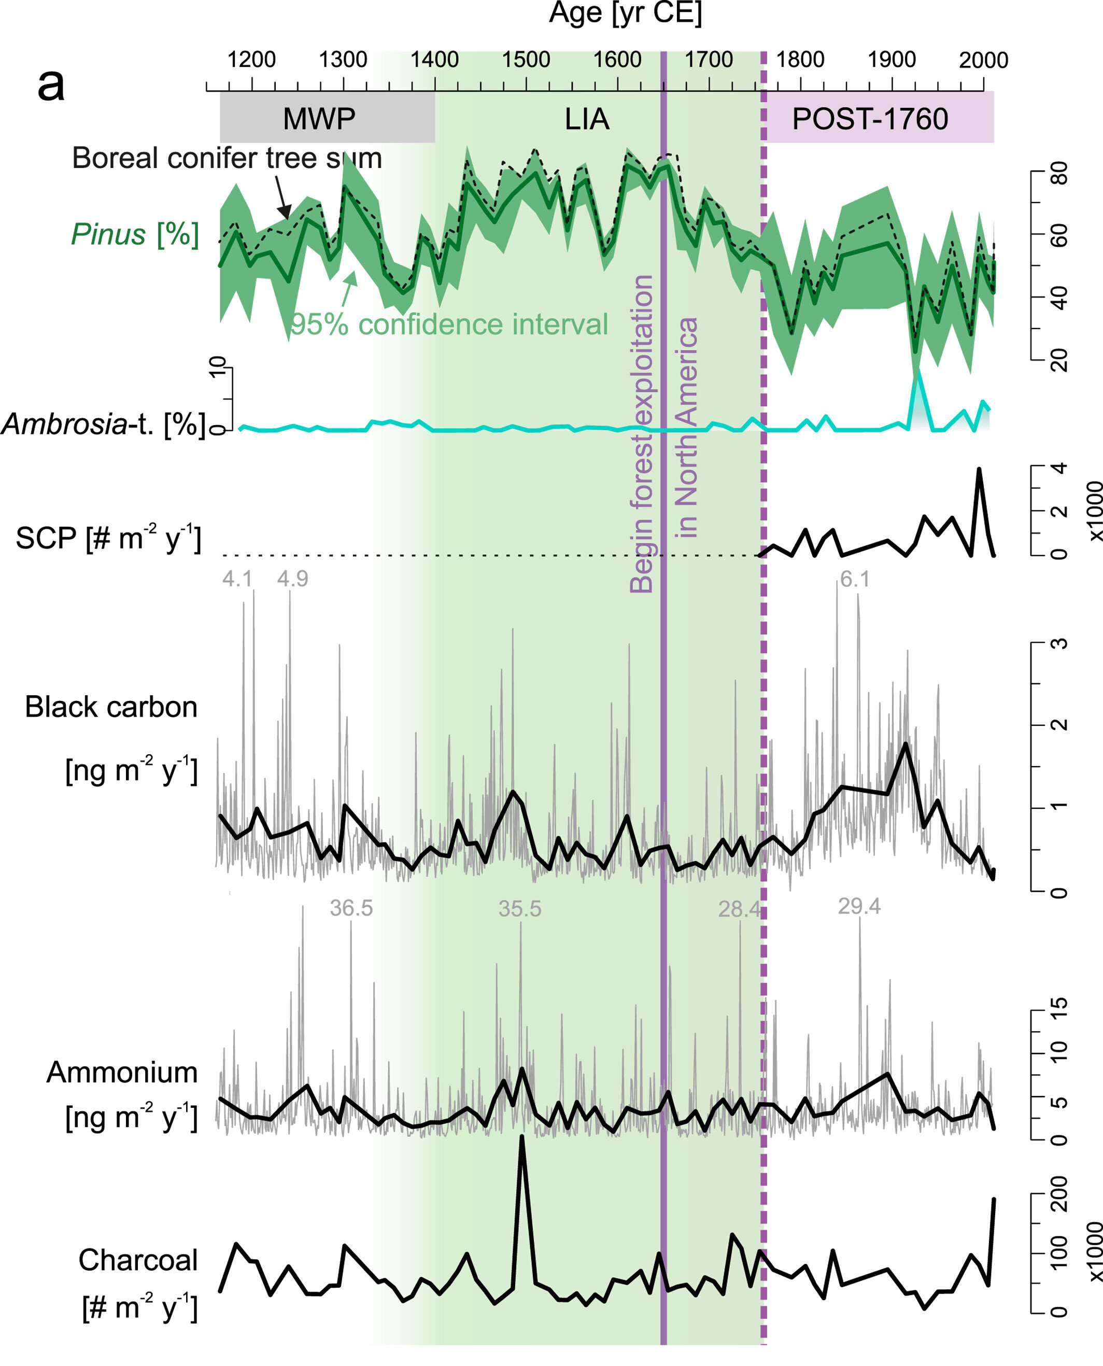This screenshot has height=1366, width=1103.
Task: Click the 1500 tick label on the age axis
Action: coord(526,60)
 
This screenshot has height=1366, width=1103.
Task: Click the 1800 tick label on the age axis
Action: coord(800,60)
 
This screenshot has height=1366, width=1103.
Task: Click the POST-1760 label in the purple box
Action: coord(870,119)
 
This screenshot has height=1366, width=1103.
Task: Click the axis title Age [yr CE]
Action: coord(625,13)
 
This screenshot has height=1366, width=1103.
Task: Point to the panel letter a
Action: coord(51,85)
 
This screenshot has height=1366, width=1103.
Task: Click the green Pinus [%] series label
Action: coord(135,234)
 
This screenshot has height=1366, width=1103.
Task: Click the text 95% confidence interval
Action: coord(449,325)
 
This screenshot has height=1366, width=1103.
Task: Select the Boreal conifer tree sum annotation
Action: coord(227,158)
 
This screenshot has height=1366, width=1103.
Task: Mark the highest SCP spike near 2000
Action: coord(979,470)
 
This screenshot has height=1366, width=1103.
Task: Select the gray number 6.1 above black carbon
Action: coord(855,580)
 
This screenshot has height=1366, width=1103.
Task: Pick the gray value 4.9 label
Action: coord(292,579)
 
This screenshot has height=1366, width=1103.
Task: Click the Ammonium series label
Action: coord(122,1073)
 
